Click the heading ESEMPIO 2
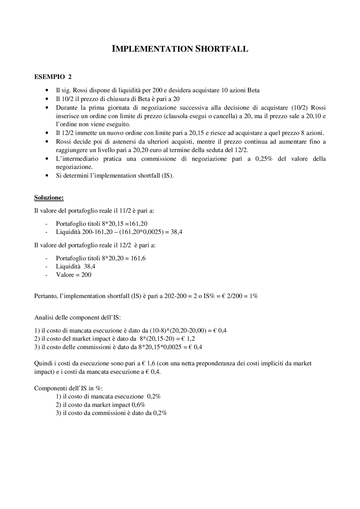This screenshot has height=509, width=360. click(x=53, y=77)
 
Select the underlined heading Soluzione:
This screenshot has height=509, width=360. click(x=49, y=198)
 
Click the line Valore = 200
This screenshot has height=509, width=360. click(x=73, y=275)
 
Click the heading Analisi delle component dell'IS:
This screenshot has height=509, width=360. click(x=77, y=318)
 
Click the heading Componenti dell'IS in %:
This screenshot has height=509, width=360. click(x=68, y=388)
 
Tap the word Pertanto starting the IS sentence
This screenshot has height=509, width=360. click(x=45, y=296)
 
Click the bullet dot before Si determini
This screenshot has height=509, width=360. click(x=46, y=176)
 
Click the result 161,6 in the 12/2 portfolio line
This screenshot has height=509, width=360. click(x=138, y=258)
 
